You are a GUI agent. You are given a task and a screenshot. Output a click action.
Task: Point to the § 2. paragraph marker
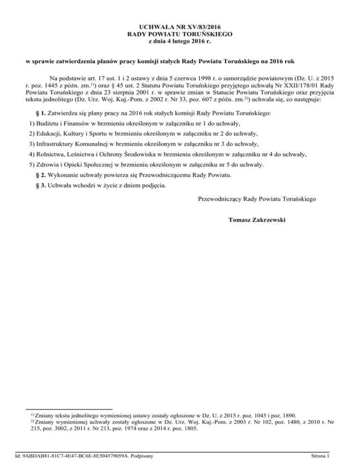[x=41, y=175]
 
